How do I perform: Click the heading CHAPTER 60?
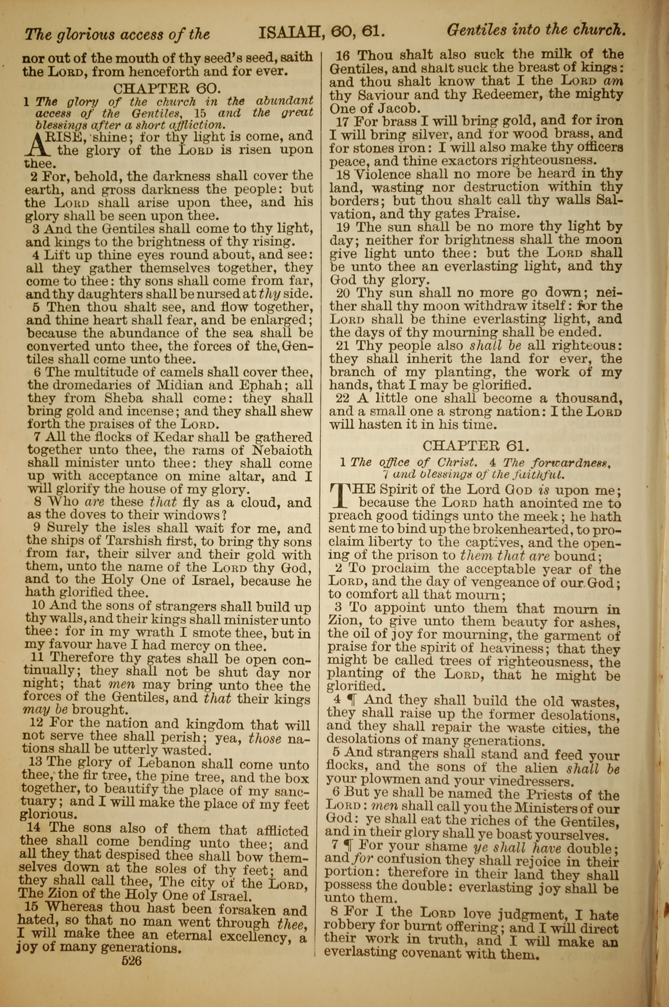click(167, 88)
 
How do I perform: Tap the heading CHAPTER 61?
click(476, 446)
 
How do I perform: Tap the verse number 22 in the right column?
click(342, 398)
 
